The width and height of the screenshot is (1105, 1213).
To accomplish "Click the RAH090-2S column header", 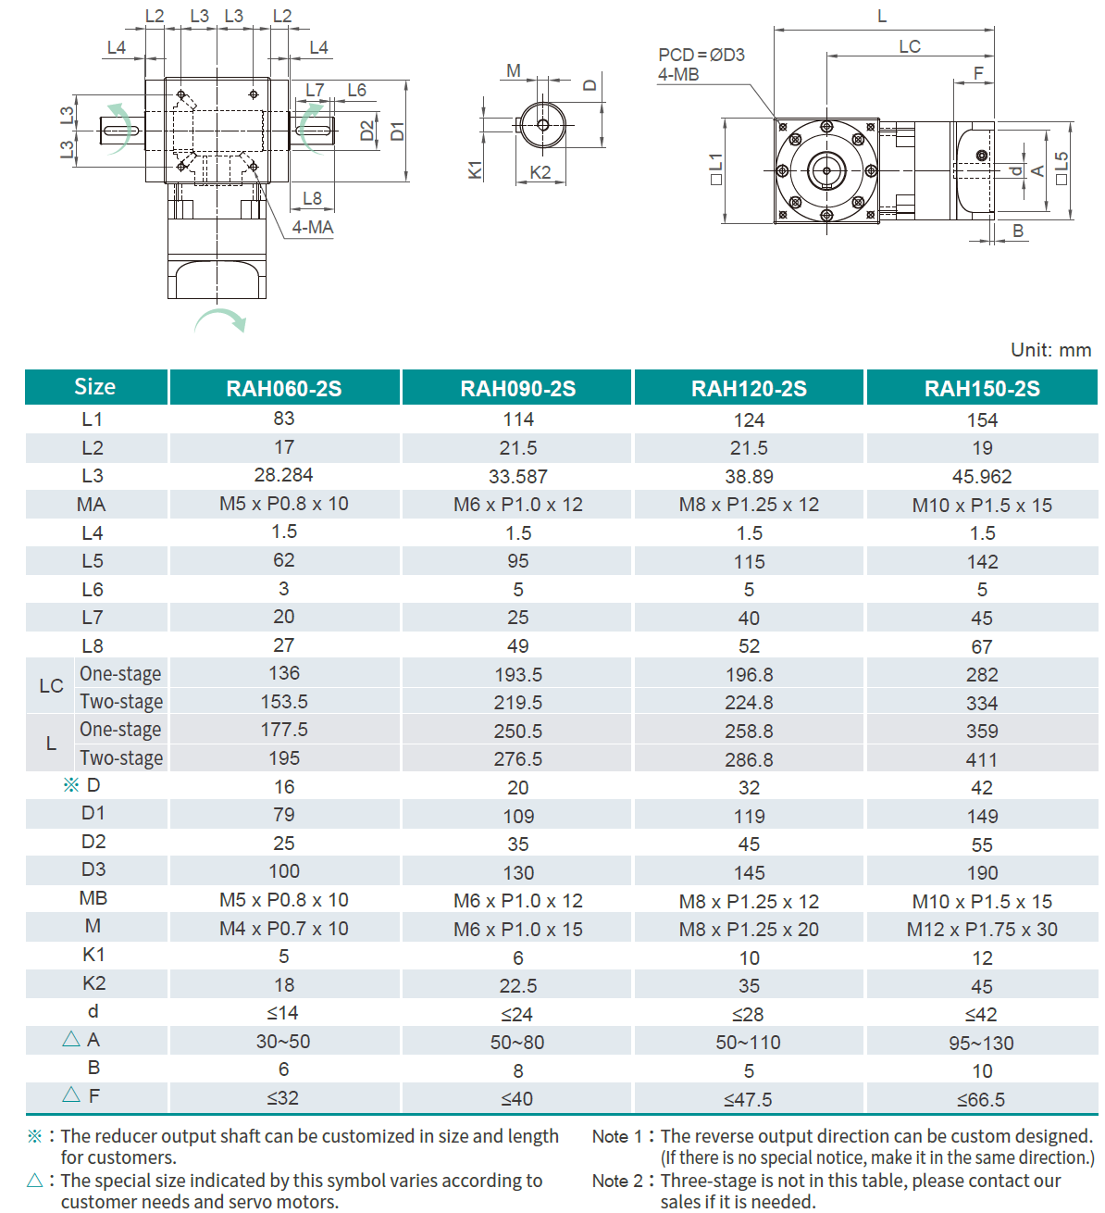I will coord(517,388).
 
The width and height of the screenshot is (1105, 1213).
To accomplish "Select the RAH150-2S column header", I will coord(982,388).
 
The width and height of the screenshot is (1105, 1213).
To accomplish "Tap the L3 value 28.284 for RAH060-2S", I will coord(283,475).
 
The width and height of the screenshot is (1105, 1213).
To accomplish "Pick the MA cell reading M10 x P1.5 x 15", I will coord(982,506).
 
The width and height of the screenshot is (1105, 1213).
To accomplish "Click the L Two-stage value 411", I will coord(982,760).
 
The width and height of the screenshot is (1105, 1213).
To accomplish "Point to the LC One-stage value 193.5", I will coord(517,675).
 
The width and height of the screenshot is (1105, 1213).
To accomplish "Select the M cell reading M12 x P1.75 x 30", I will coord(982,930).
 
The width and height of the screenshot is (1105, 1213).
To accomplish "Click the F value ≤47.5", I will coord(748,1100).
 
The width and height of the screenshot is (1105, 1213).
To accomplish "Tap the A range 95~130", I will coord(981,1044).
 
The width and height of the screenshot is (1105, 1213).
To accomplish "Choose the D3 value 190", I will coord(982,873).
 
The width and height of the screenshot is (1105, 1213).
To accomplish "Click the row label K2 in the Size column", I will coord(93,983).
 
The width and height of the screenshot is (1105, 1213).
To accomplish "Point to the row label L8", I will coord(93,646).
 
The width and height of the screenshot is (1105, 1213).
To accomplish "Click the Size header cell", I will coord(95,387).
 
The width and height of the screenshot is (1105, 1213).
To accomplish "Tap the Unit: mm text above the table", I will coord(1050,350).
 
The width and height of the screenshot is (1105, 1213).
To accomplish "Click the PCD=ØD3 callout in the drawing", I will coord(701,55).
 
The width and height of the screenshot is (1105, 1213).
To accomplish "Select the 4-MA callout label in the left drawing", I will coord(313,227).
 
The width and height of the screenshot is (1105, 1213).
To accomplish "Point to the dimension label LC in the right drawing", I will coord(910,46).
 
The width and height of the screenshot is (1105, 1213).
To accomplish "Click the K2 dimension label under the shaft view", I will coord(540,172).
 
